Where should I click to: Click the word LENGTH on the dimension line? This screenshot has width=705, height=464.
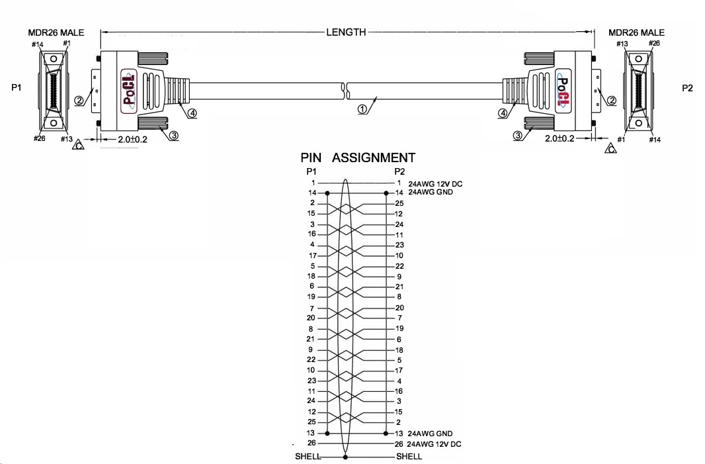(x=346, y=32)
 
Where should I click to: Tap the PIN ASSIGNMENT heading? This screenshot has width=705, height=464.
(x=358, y=158)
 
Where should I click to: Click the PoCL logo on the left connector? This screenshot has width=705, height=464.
(x=129, y=87)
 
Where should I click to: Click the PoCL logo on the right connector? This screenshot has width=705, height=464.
(x=563, y=91)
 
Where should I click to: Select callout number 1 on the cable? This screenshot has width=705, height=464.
(x=362, y=109)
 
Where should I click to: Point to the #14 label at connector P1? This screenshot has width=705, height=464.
(x=37, y=44)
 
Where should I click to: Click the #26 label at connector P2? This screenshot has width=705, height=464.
(x=654, y=43)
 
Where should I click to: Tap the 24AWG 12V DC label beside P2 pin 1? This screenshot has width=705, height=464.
(x=435, y=184)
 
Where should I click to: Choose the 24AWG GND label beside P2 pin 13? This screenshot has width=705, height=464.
(x=431, y=434)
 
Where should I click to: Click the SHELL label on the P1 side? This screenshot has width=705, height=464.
(x=308, y=456)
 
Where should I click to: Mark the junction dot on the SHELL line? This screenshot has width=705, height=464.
(x=345, y=457)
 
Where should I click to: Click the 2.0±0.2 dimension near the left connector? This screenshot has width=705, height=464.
(x=132, y=140)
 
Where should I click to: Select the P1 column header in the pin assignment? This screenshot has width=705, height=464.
(x=311, y=171)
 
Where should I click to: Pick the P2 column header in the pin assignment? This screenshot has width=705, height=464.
(x=399, y=171)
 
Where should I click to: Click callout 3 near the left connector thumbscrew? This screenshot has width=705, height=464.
(x=174, y=135)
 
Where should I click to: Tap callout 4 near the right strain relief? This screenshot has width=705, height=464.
(x=503, y=113)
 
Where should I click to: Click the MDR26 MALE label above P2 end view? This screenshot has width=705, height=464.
(x=636, y=32)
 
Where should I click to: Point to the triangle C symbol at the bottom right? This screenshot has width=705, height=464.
(x=611, y=148)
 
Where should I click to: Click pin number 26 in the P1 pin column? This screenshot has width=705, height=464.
(x=311, y=443)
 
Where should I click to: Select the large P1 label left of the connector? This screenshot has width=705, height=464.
(x=16, y=87)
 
